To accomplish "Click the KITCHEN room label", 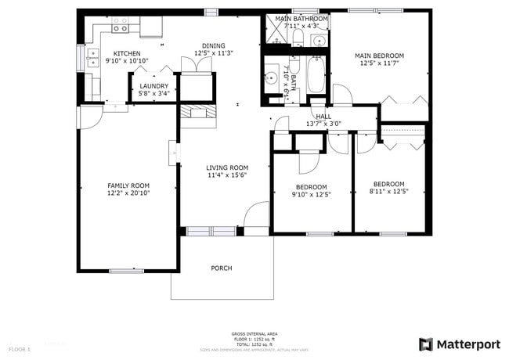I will (127, 53).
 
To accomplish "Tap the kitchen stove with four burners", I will (120, 28).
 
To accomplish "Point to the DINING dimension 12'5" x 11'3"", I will (213, 53).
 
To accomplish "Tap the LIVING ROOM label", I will (227, 167).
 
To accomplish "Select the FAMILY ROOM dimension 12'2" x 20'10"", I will (128, 193).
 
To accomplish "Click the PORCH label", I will (222, 268).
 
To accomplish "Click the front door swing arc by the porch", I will (256, 214).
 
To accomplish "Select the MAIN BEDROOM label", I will (379, 56).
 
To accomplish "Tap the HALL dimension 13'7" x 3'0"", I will (323, 124).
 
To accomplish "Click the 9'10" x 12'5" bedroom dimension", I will (311, 194).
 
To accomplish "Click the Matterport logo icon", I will (426, 344).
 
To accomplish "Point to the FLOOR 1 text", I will (20, 348).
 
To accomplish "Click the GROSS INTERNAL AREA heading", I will (254, 333).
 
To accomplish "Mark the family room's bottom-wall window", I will (126, 270).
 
